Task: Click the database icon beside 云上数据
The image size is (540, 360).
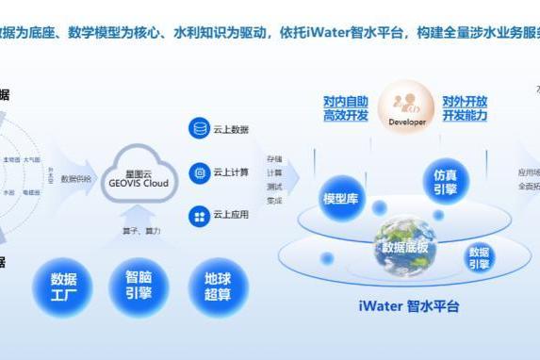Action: [x=199, y=129]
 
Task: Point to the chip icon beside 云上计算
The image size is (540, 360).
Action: [x=199, y=172]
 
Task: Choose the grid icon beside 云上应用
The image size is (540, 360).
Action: [x=199, y=216]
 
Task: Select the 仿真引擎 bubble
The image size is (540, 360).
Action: [x=445, y=182]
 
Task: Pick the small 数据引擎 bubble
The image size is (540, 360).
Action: [x=479, y=257]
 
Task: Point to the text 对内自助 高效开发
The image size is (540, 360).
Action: [x=345, y=108]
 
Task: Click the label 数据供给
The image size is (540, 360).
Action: [x=76, y=178]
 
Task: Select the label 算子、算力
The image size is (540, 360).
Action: [x=140, y=231]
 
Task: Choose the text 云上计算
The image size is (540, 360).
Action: [x=231, y=172]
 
